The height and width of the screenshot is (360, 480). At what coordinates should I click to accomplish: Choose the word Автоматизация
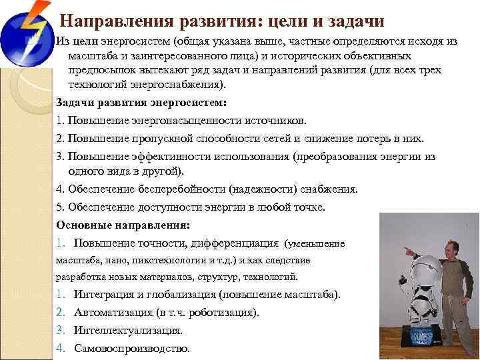pyautogui.click(x=114, y=312)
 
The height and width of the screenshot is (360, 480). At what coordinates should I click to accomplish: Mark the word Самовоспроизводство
pyautogui.click(x=132, y=348)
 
